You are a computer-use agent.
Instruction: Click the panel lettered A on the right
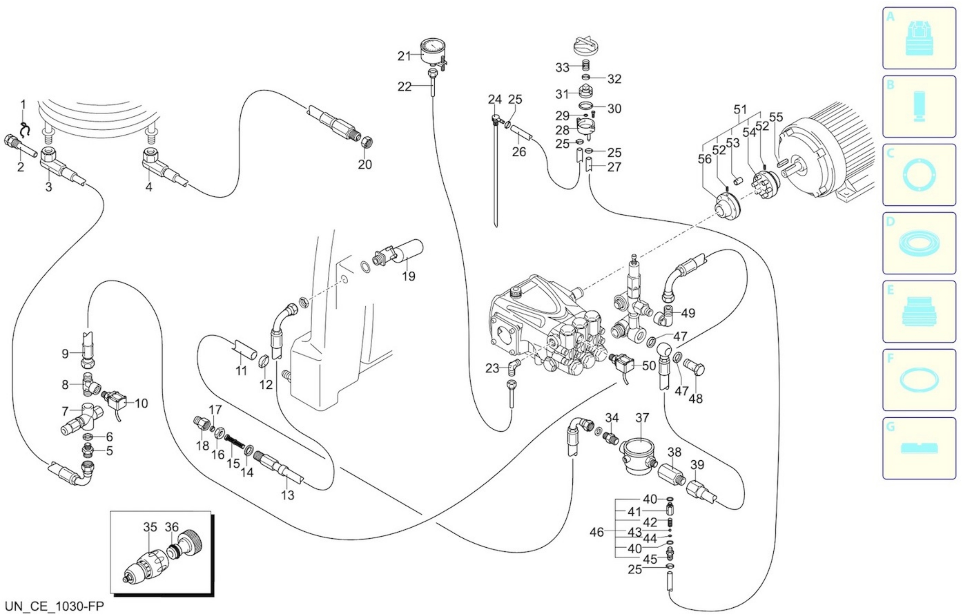pos(919,38)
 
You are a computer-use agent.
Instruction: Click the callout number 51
pos(740,109)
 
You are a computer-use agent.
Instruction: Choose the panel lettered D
pos(919,243)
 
